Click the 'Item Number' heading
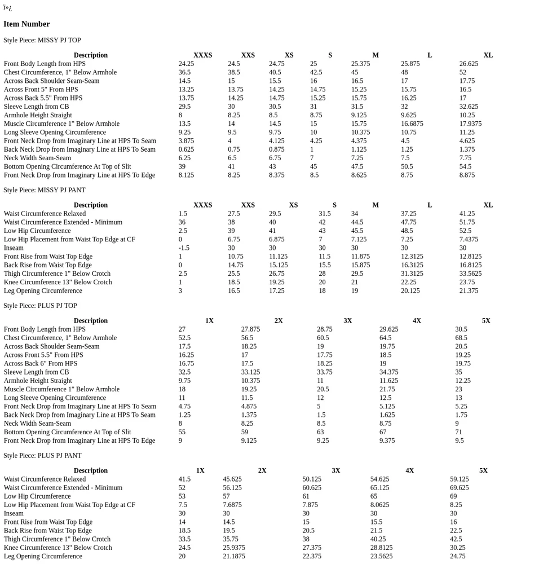pos(26,24)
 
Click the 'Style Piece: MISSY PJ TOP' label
pos(42,41)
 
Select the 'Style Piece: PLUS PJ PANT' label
pos(42,456)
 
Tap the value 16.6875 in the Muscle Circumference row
pos(412,124)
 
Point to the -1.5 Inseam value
pos(184,248)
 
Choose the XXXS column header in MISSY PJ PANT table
pos(202,205)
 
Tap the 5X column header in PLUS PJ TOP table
pos(485,321)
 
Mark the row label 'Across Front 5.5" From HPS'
pos(43,355)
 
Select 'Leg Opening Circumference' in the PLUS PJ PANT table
pos(43,557)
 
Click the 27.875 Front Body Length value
pos(250,329)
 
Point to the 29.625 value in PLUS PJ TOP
pos(388,329)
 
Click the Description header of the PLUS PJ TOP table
pos(90,321)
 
